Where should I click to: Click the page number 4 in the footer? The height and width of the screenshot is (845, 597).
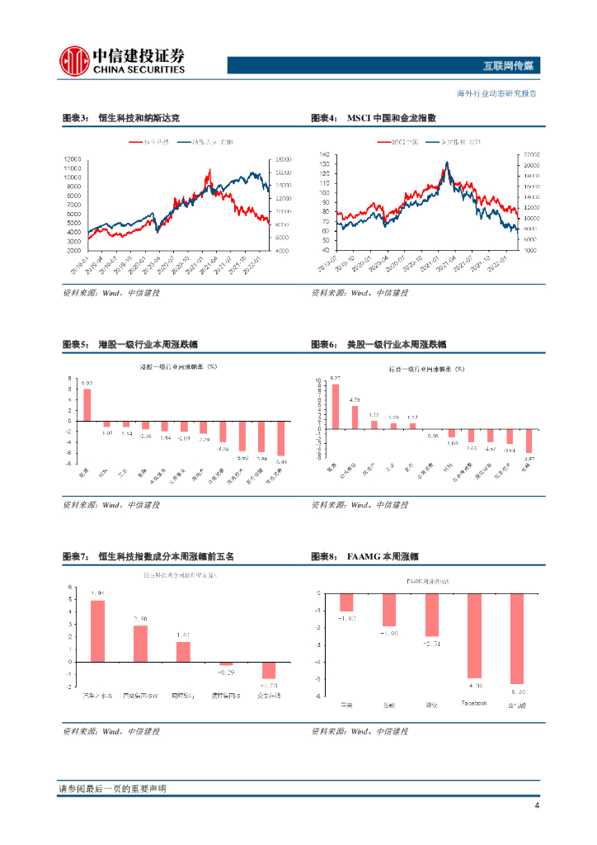[x=537, y=805]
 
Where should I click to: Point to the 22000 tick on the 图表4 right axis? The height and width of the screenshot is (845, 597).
[x=530, y=154]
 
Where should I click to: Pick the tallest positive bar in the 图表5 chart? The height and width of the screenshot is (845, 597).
[x=87, y=404]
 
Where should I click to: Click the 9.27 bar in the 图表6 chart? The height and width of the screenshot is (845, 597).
[x=335, y=406]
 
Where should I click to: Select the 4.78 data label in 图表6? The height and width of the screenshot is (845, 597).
[x=354, y=399]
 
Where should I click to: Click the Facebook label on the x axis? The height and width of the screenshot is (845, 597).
[x=474, y=703]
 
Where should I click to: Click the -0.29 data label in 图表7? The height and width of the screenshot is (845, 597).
[x=225, y=673]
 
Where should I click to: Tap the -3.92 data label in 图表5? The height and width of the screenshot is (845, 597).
[x=223, y=448]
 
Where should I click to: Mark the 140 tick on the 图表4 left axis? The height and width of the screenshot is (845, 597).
[x=324, y=154]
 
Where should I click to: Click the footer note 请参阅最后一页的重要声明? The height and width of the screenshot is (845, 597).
[x=112, y=789]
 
